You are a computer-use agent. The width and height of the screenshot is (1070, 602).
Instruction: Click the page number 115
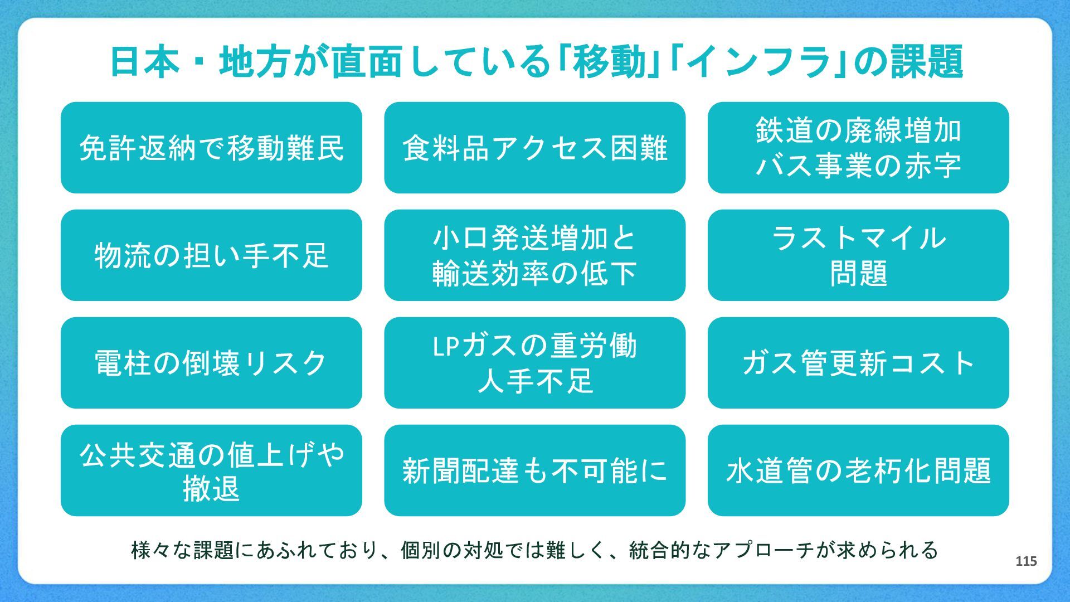[x=1026, y=561]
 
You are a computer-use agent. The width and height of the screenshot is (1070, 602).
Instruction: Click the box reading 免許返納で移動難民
[x=211, y=148]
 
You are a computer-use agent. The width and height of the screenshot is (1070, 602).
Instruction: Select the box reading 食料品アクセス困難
[x=534, y=148]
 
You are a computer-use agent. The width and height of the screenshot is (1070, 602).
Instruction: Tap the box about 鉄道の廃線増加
[x=858, y=148]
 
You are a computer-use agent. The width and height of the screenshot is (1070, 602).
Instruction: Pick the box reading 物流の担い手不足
[x=211, y=255]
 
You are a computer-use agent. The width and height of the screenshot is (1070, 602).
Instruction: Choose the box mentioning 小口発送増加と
[x=534, y=255]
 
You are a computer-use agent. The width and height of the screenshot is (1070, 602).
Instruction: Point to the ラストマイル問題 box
[x=858, y=255]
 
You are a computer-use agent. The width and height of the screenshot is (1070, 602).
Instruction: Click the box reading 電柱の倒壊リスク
[x=211, y=363]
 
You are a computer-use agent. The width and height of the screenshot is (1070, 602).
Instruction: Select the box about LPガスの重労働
[x=534, y=363]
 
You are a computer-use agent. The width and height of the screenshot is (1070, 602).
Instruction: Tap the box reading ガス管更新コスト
[x=858, y=363]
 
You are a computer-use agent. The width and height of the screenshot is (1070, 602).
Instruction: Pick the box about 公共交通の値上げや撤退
[x=211, y=470]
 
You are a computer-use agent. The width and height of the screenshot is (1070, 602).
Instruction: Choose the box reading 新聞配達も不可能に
[x=534, y=470]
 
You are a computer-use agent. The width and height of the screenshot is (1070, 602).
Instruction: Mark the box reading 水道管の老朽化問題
[x=858, y=470]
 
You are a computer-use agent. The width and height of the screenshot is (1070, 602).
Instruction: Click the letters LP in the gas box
[x=446, y=346]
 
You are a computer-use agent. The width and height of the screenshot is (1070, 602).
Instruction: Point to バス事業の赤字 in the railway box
[x=858, y=166]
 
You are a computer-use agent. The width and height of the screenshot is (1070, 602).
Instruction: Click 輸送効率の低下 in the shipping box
[x=534, y=274]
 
